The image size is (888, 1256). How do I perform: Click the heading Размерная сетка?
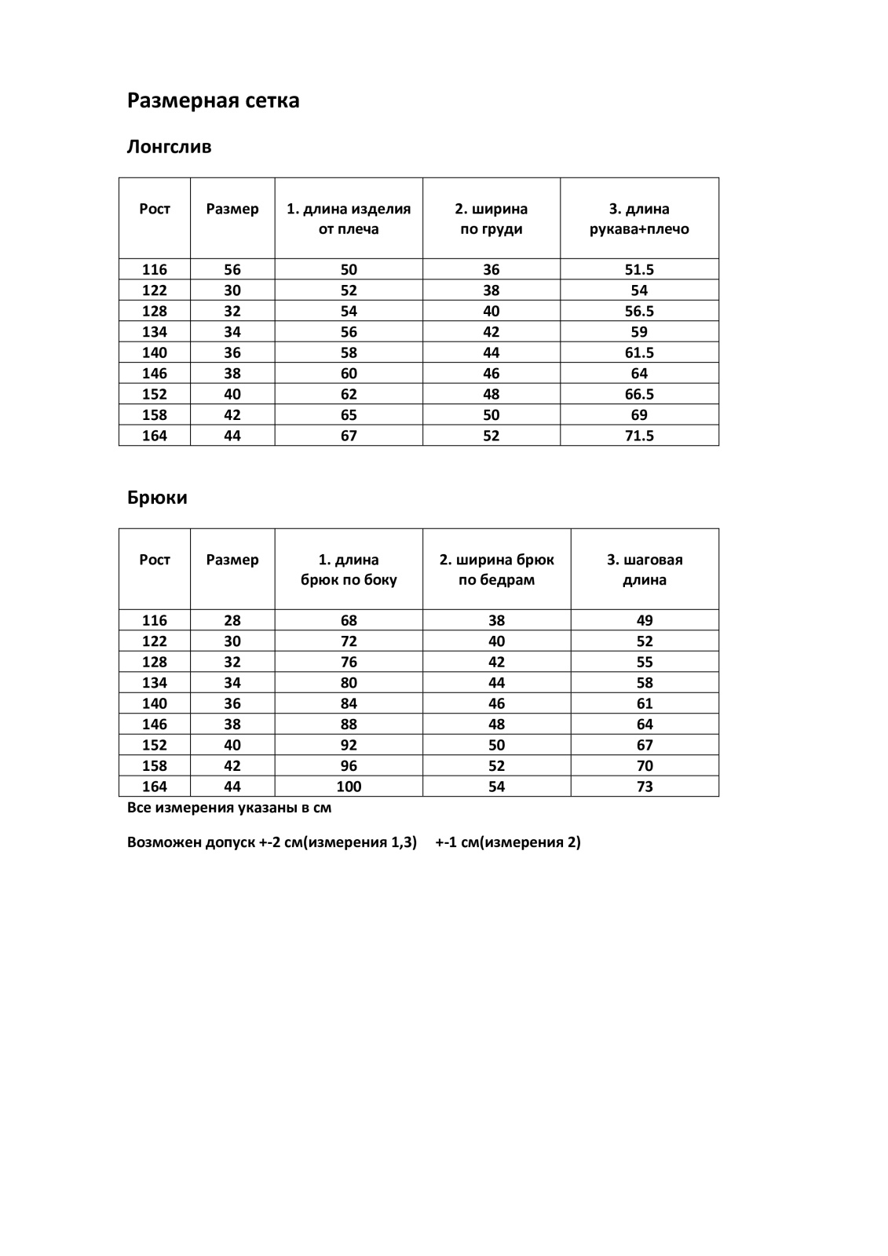click(x=213, y=100)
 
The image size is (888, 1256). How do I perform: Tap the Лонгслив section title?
click(x=169, y=147)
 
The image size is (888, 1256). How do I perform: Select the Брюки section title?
click(x=157, y=498)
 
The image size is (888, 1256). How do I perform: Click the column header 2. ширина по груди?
click(x=491, y=219)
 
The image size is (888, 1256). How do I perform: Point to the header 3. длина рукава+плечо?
click(x=639, y=219)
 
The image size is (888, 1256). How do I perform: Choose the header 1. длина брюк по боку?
click(x=349, y=570)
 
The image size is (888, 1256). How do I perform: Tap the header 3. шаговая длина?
click(x=645, y=570)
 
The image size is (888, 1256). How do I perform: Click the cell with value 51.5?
click(x=639, y=269)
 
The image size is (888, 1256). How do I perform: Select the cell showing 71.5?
click(x=639, y=436)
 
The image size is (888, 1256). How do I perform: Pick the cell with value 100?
click(x=349, y=787)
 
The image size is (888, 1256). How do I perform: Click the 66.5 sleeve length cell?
click(x=639, y=394)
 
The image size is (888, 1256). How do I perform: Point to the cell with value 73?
click(x=645, y=787)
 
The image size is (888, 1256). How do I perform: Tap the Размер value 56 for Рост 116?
click(x=232, y=269)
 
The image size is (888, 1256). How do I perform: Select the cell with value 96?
click(x=349, y=765)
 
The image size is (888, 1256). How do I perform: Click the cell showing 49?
click(x=645, y=620)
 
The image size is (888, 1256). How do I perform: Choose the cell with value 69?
click(x=639, y=414)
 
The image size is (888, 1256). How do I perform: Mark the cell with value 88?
click(x=349, y=724)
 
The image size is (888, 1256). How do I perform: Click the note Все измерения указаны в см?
click(x=229, y=808)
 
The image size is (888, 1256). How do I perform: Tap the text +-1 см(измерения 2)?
click(x=508, y=842)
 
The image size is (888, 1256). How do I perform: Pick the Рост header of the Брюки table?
click(x=155, y=560)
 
